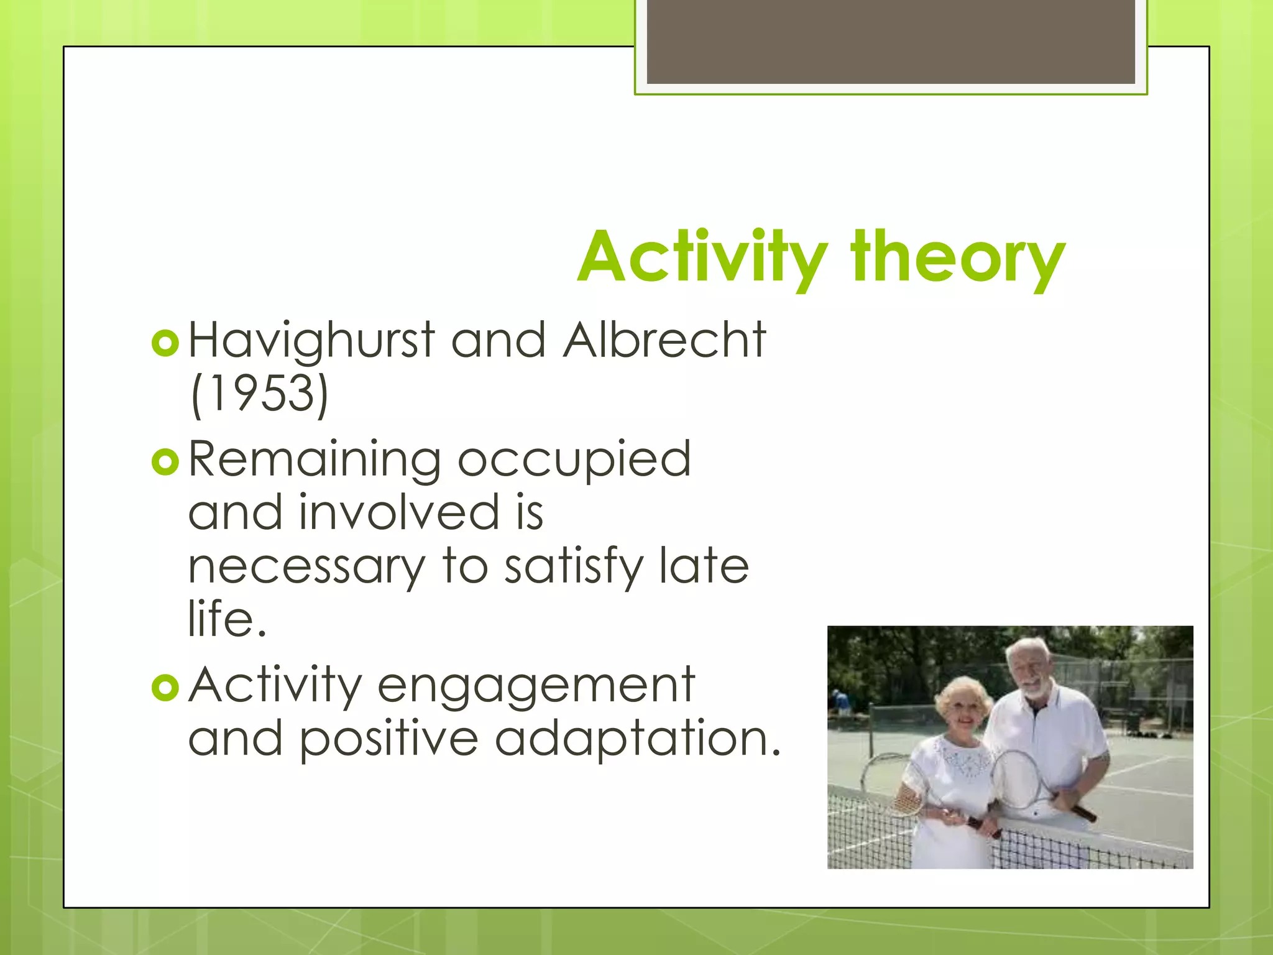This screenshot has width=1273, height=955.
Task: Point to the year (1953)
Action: coord(259,394)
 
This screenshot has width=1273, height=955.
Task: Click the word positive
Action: coord(389,739)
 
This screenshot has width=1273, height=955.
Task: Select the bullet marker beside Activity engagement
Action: coord(165,688)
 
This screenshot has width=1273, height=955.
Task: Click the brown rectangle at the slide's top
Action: coord(890,41)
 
